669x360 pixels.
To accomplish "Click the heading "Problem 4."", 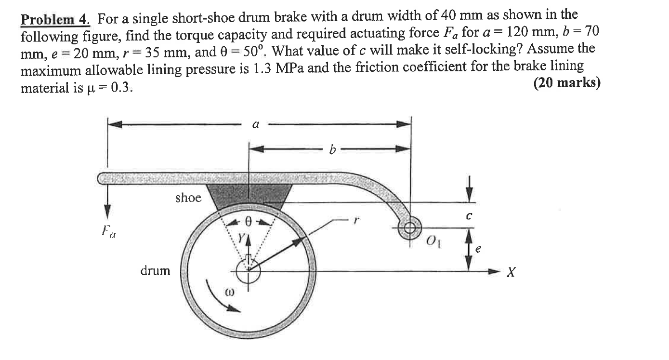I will pos(55,20).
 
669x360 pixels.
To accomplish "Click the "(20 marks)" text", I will pos(567,83).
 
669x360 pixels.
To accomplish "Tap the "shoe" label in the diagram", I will pos(188,198).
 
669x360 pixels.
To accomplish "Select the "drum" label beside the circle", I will pos(155,271).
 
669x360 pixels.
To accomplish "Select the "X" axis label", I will pos(512,273).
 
